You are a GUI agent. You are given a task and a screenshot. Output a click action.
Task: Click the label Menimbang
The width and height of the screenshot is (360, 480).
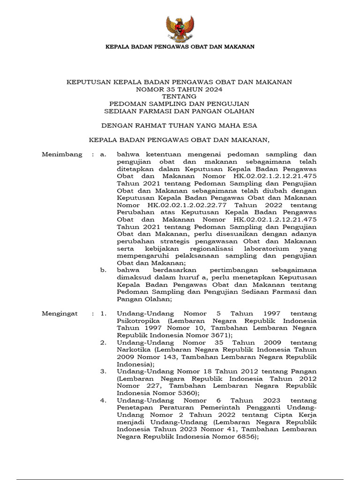(x=62, y=154)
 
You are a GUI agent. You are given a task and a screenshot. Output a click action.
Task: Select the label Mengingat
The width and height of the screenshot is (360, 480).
(x=60, y=313)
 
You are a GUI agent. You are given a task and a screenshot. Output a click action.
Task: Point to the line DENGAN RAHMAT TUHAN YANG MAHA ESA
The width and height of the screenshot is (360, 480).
(x=180, y=126)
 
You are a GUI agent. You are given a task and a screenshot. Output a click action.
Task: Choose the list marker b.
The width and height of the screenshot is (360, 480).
(x=104, y=270)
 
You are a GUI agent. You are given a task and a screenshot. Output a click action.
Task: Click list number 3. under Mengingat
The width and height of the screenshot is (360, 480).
(x=103, y=371)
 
